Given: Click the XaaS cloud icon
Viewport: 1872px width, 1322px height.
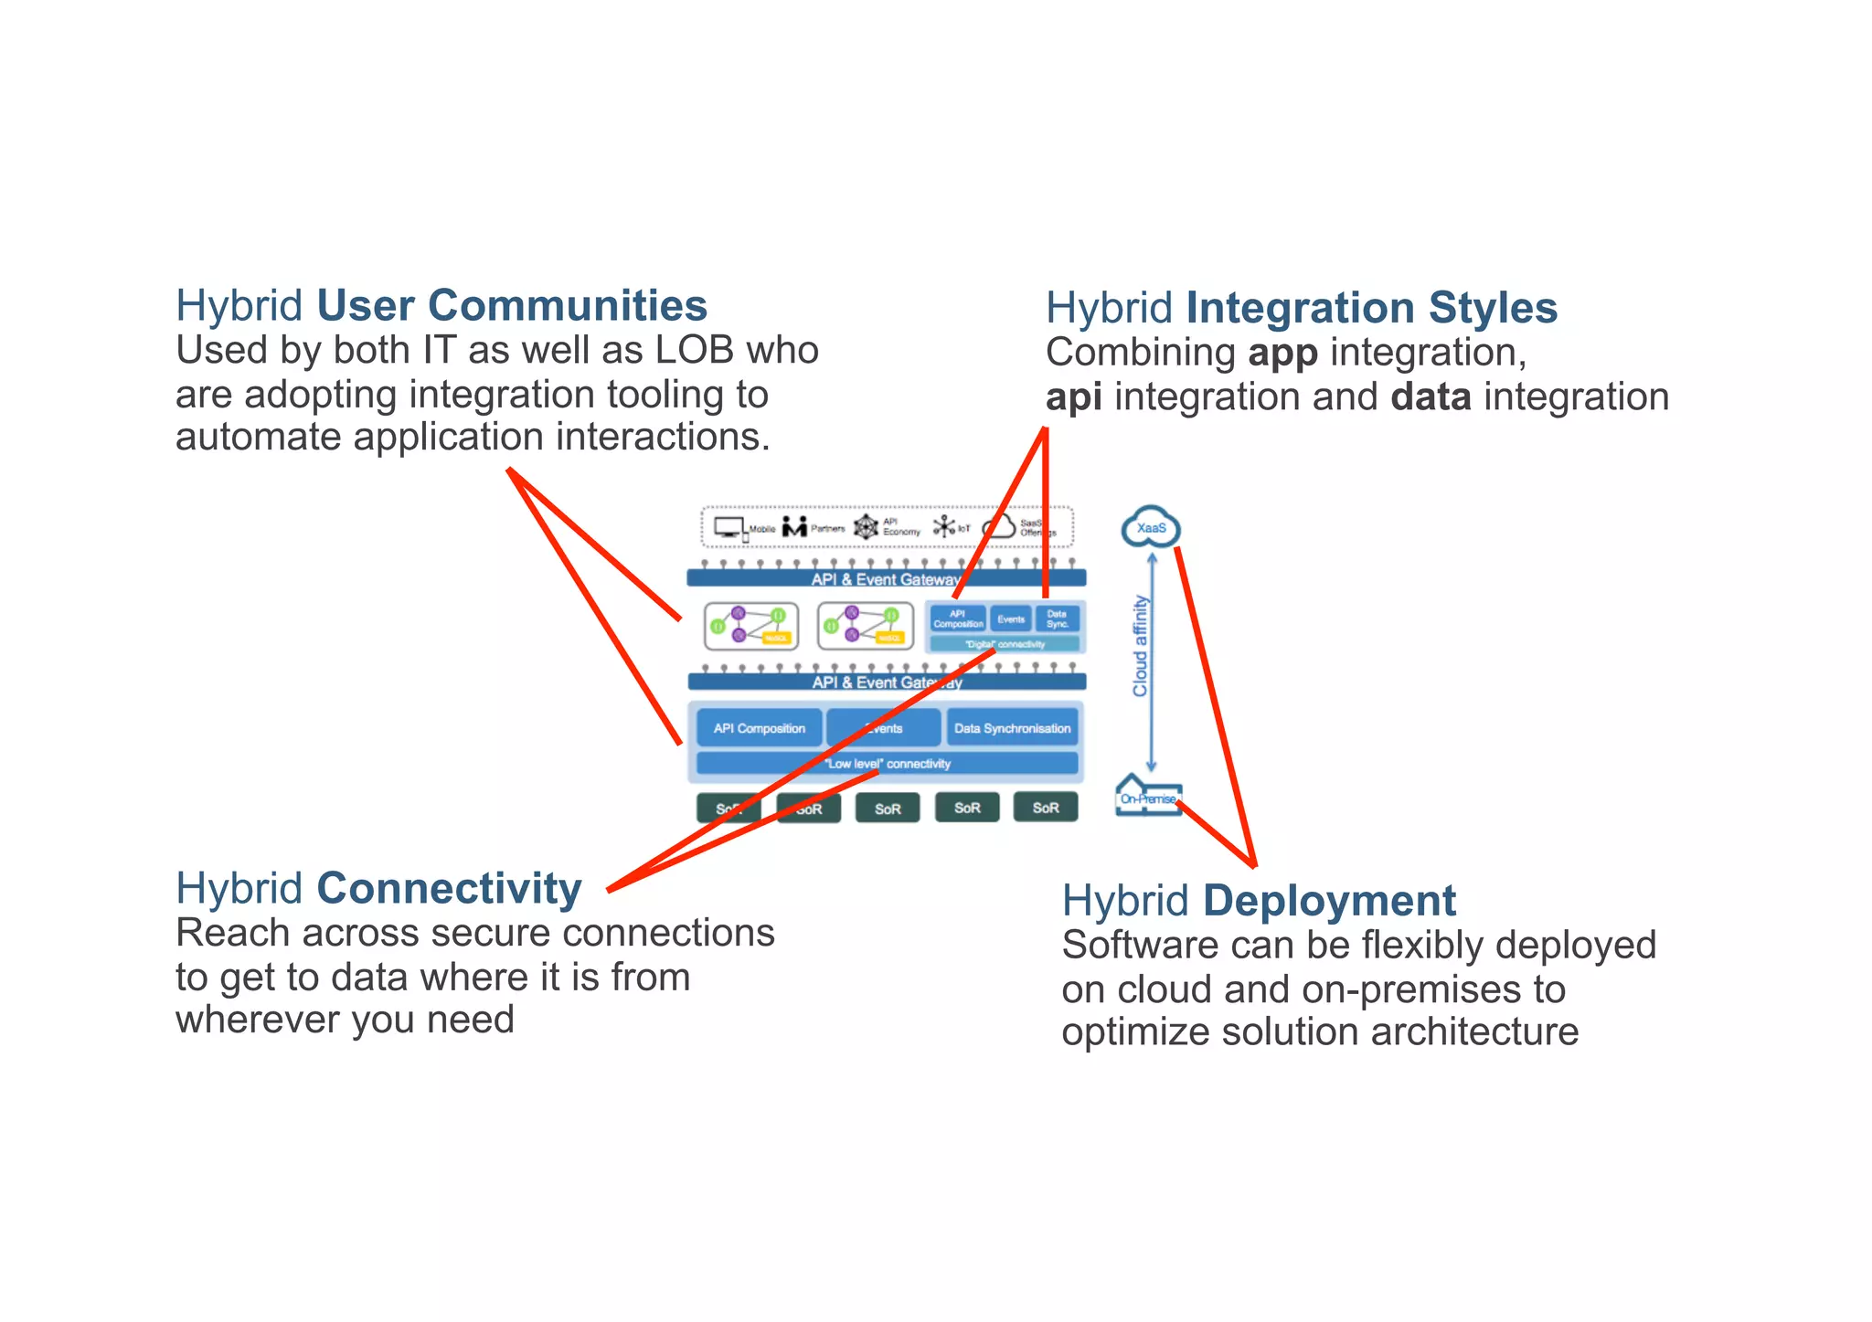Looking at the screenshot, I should (1151, 527).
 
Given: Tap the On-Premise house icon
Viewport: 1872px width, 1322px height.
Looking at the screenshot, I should (1148, 797).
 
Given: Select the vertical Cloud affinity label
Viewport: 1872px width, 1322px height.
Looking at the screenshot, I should (1140, 646).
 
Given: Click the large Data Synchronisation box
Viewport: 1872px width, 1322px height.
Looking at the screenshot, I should (1012, 728).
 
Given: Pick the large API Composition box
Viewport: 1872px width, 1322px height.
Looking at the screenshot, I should (760, 728).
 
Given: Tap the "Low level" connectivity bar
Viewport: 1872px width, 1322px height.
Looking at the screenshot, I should (887, 764).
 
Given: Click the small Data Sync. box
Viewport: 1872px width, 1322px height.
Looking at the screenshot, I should (1057, 619).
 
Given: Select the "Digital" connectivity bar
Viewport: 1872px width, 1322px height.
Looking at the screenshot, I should (1005, 644).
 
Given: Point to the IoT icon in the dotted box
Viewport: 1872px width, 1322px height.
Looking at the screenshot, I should (944, 527).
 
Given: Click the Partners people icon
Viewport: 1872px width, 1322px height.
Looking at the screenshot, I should (794, 527).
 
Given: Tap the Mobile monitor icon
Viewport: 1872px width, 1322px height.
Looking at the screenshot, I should (729, 527).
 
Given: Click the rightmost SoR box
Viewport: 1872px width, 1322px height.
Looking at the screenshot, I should (1046, 808).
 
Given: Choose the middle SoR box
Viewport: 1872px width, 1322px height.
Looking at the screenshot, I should (888, 809).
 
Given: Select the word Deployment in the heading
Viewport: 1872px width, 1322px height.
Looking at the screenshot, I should (1328, 901).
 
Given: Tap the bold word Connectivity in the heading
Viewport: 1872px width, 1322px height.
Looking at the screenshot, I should (449, 889).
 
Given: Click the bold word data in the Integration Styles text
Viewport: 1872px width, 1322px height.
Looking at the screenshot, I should (1431, 397).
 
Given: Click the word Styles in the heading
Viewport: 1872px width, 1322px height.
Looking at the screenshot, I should (1493, 308).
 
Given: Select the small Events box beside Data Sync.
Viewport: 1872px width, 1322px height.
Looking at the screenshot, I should (1011, 619).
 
